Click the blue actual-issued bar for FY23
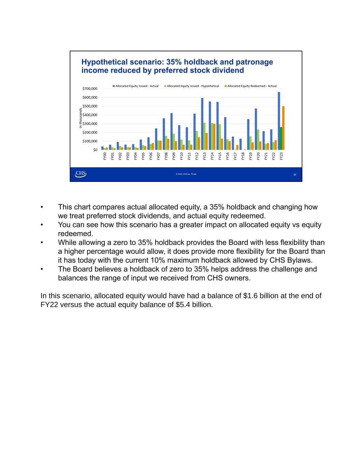point(279,109)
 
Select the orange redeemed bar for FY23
point(283,128)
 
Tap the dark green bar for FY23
point(281,138)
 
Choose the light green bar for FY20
point(258,140)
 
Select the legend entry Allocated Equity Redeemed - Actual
point(252,86)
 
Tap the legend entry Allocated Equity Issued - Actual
point(137,86)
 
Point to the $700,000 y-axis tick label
point(90,89)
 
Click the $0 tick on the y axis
point(95,150)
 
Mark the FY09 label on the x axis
point(174,156)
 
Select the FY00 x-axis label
point(104,156)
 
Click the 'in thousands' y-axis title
point(81,118)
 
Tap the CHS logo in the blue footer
point(81,174)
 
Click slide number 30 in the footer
point(294,174)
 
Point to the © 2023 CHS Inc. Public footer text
point(186,174)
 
